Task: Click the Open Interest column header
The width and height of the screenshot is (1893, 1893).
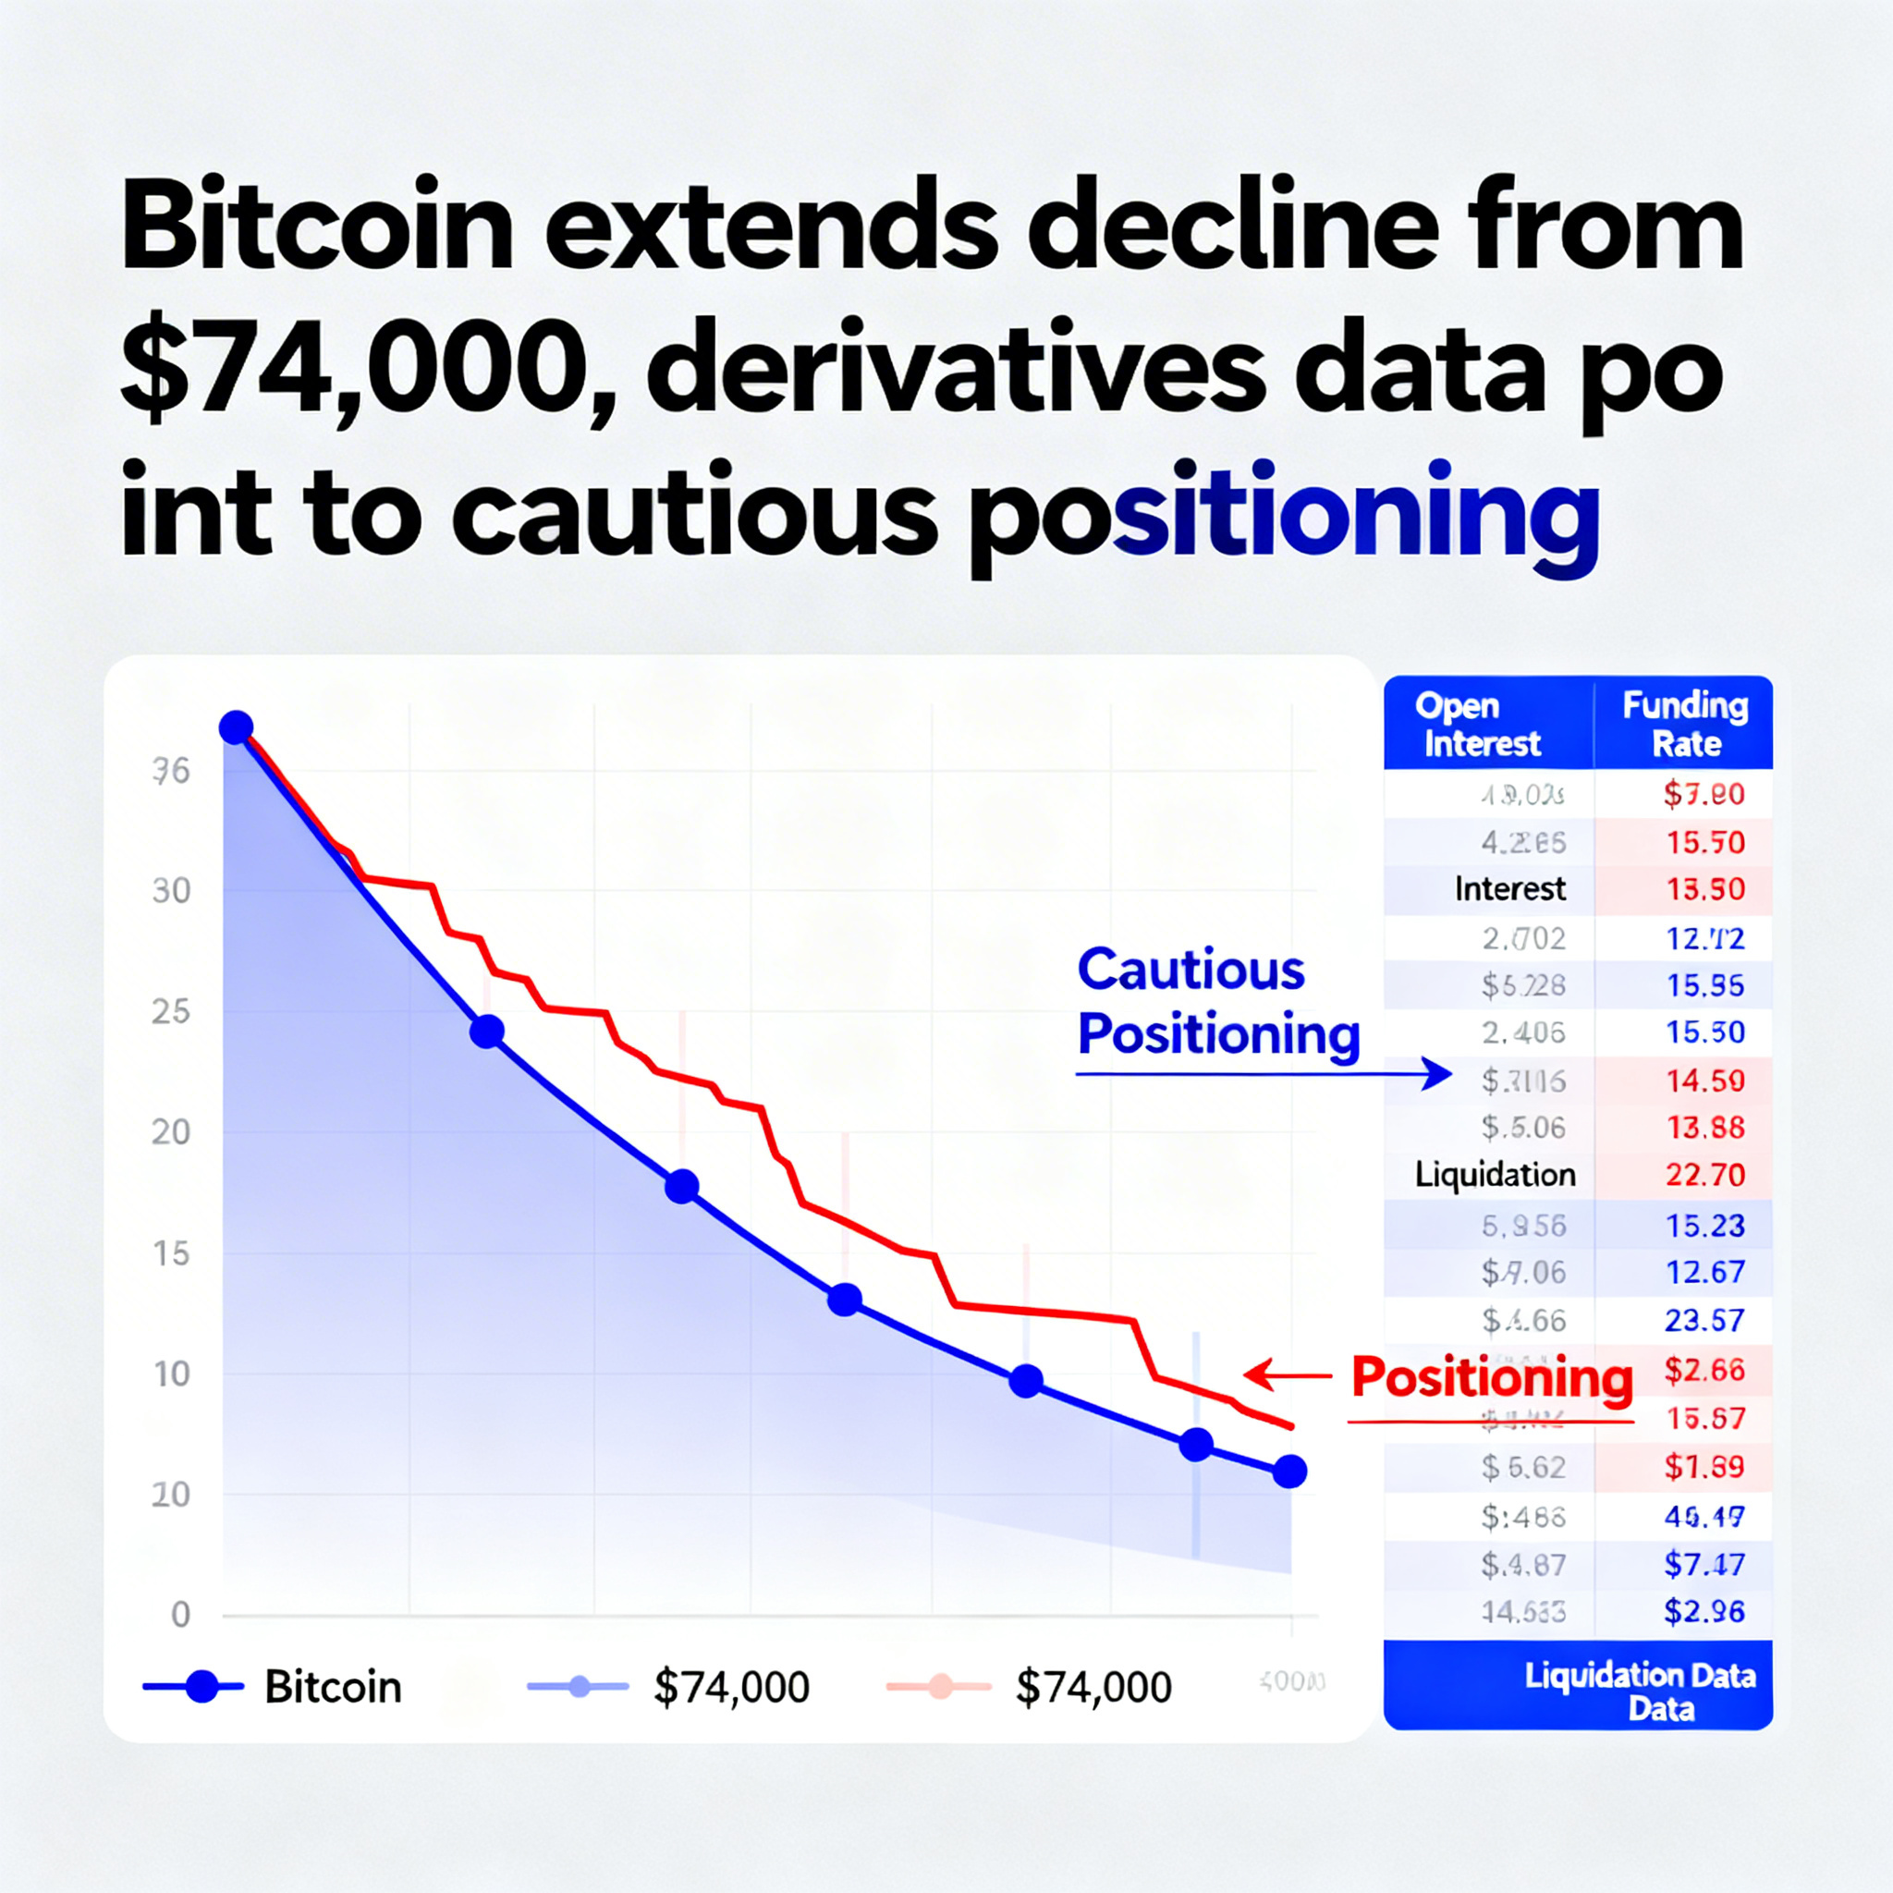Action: (x=1481, y=724)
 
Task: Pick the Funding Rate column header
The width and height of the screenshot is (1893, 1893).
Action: (x=1684, y=724)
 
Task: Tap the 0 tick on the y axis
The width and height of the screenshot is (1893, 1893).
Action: (x=180, y=1614)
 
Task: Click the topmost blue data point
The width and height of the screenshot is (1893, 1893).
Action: (x=236, y=727)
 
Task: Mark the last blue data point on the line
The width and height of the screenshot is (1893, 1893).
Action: (x=1289, y=1471)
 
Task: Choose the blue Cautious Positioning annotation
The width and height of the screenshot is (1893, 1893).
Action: (x=1218, y=1001)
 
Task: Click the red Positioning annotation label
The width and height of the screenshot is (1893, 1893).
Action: (x=1491, y=1376)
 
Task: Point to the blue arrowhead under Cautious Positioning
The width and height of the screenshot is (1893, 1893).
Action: (x=1438, y=1074)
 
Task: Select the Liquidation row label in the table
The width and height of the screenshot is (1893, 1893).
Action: (x=1495, y=1175)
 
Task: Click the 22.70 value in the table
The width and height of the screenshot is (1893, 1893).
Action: (x=1704, y=1175)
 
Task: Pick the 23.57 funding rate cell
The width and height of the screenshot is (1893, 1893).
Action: (x=1704, y=1320)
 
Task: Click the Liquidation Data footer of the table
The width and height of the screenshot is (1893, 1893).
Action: (x=1639, y=1692)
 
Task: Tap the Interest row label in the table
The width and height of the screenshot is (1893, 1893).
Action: (x=1510, y=888)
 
